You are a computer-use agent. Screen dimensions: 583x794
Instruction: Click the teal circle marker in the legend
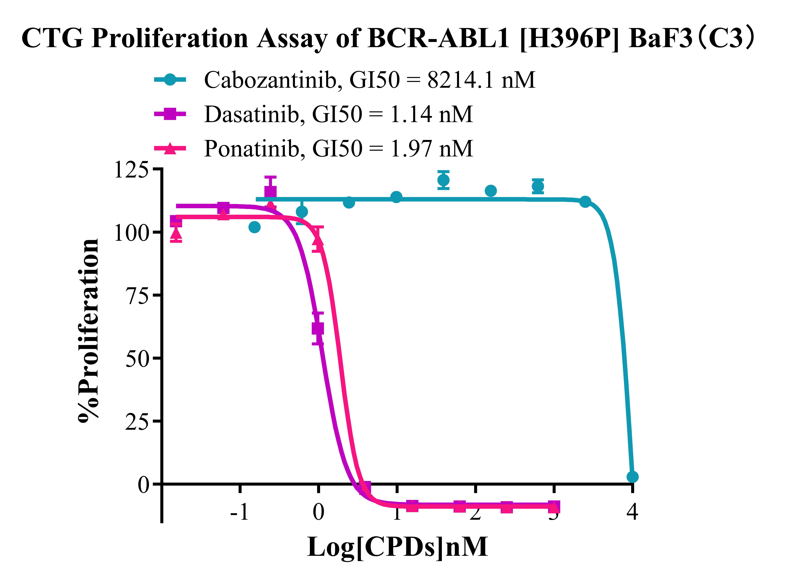click(x=170, y=80)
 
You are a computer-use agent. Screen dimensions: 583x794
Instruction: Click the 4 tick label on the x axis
click(x=632, y=512)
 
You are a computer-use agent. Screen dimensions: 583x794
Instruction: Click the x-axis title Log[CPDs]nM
click(x=397, y=547)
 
